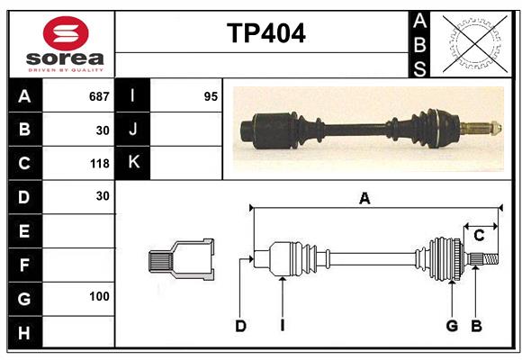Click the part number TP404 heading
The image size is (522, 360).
tap(265, 33)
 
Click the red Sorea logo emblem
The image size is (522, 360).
tap(66, 33)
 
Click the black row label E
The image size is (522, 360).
tap(23, 231)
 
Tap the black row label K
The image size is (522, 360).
tap(133, 163)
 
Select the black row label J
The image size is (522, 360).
tap(133, 130)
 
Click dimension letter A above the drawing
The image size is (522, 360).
tap(364, 199)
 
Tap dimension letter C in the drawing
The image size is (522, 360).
tap(479, 236)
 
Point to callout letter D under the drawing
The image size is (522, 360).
tap(240, 326)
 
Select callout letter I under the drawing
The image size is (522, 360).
tap(282, 326)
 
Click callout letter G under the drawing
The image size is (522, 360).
tap(452, 326)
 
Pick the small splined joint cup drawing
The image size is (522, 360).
tap(181, 259)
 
